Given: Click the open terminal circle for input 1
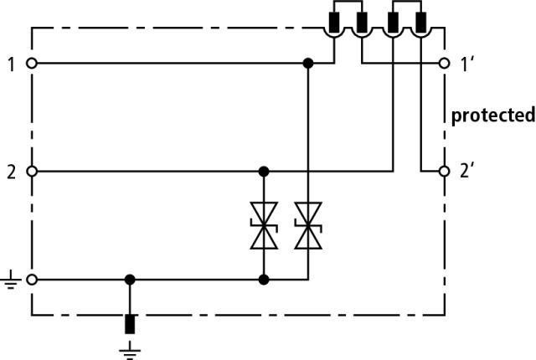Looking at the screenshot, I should (x=32, y=63).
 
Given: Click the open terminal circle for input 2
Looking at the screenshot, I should (x=32, y=172).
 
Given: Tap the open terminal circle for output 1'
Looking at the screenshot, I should (x=445, y=63).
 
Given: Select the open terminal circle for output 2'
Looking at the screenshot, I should (x=445, y=172).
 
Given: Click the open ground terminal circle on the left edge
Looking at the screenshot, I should (x=32, y=280).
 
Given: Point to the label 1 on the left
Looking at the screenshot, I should (x=11, y=64).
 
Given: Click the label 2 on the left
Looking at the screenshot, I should (x=11, y=172).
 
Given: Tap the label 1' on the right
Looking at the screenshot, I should (x=468, y=64).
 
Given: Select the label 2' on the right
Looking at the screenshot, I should (x=468, y=172).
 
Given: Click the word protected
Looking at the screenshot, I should (x=492, y=116).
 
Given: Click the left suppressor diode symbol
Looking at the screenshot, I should (x=263, y=226).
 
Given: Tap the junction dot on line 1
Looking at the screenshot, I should (x=307, y=63).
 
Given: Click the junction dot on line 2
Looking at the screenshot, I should (x=263, y=172).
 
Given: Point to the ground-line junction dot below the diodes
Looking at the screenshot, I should (x=263, y=280).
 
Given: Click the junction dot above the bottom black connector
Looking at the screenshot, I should (x=130, y=280).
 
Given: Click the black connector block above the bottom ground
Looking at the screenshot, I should (x=130, y=325).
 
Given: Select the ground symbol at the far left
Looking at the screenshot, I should (x=10, y=281).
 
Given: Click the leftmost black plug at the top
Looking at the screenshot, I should (x=333, y=23).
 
